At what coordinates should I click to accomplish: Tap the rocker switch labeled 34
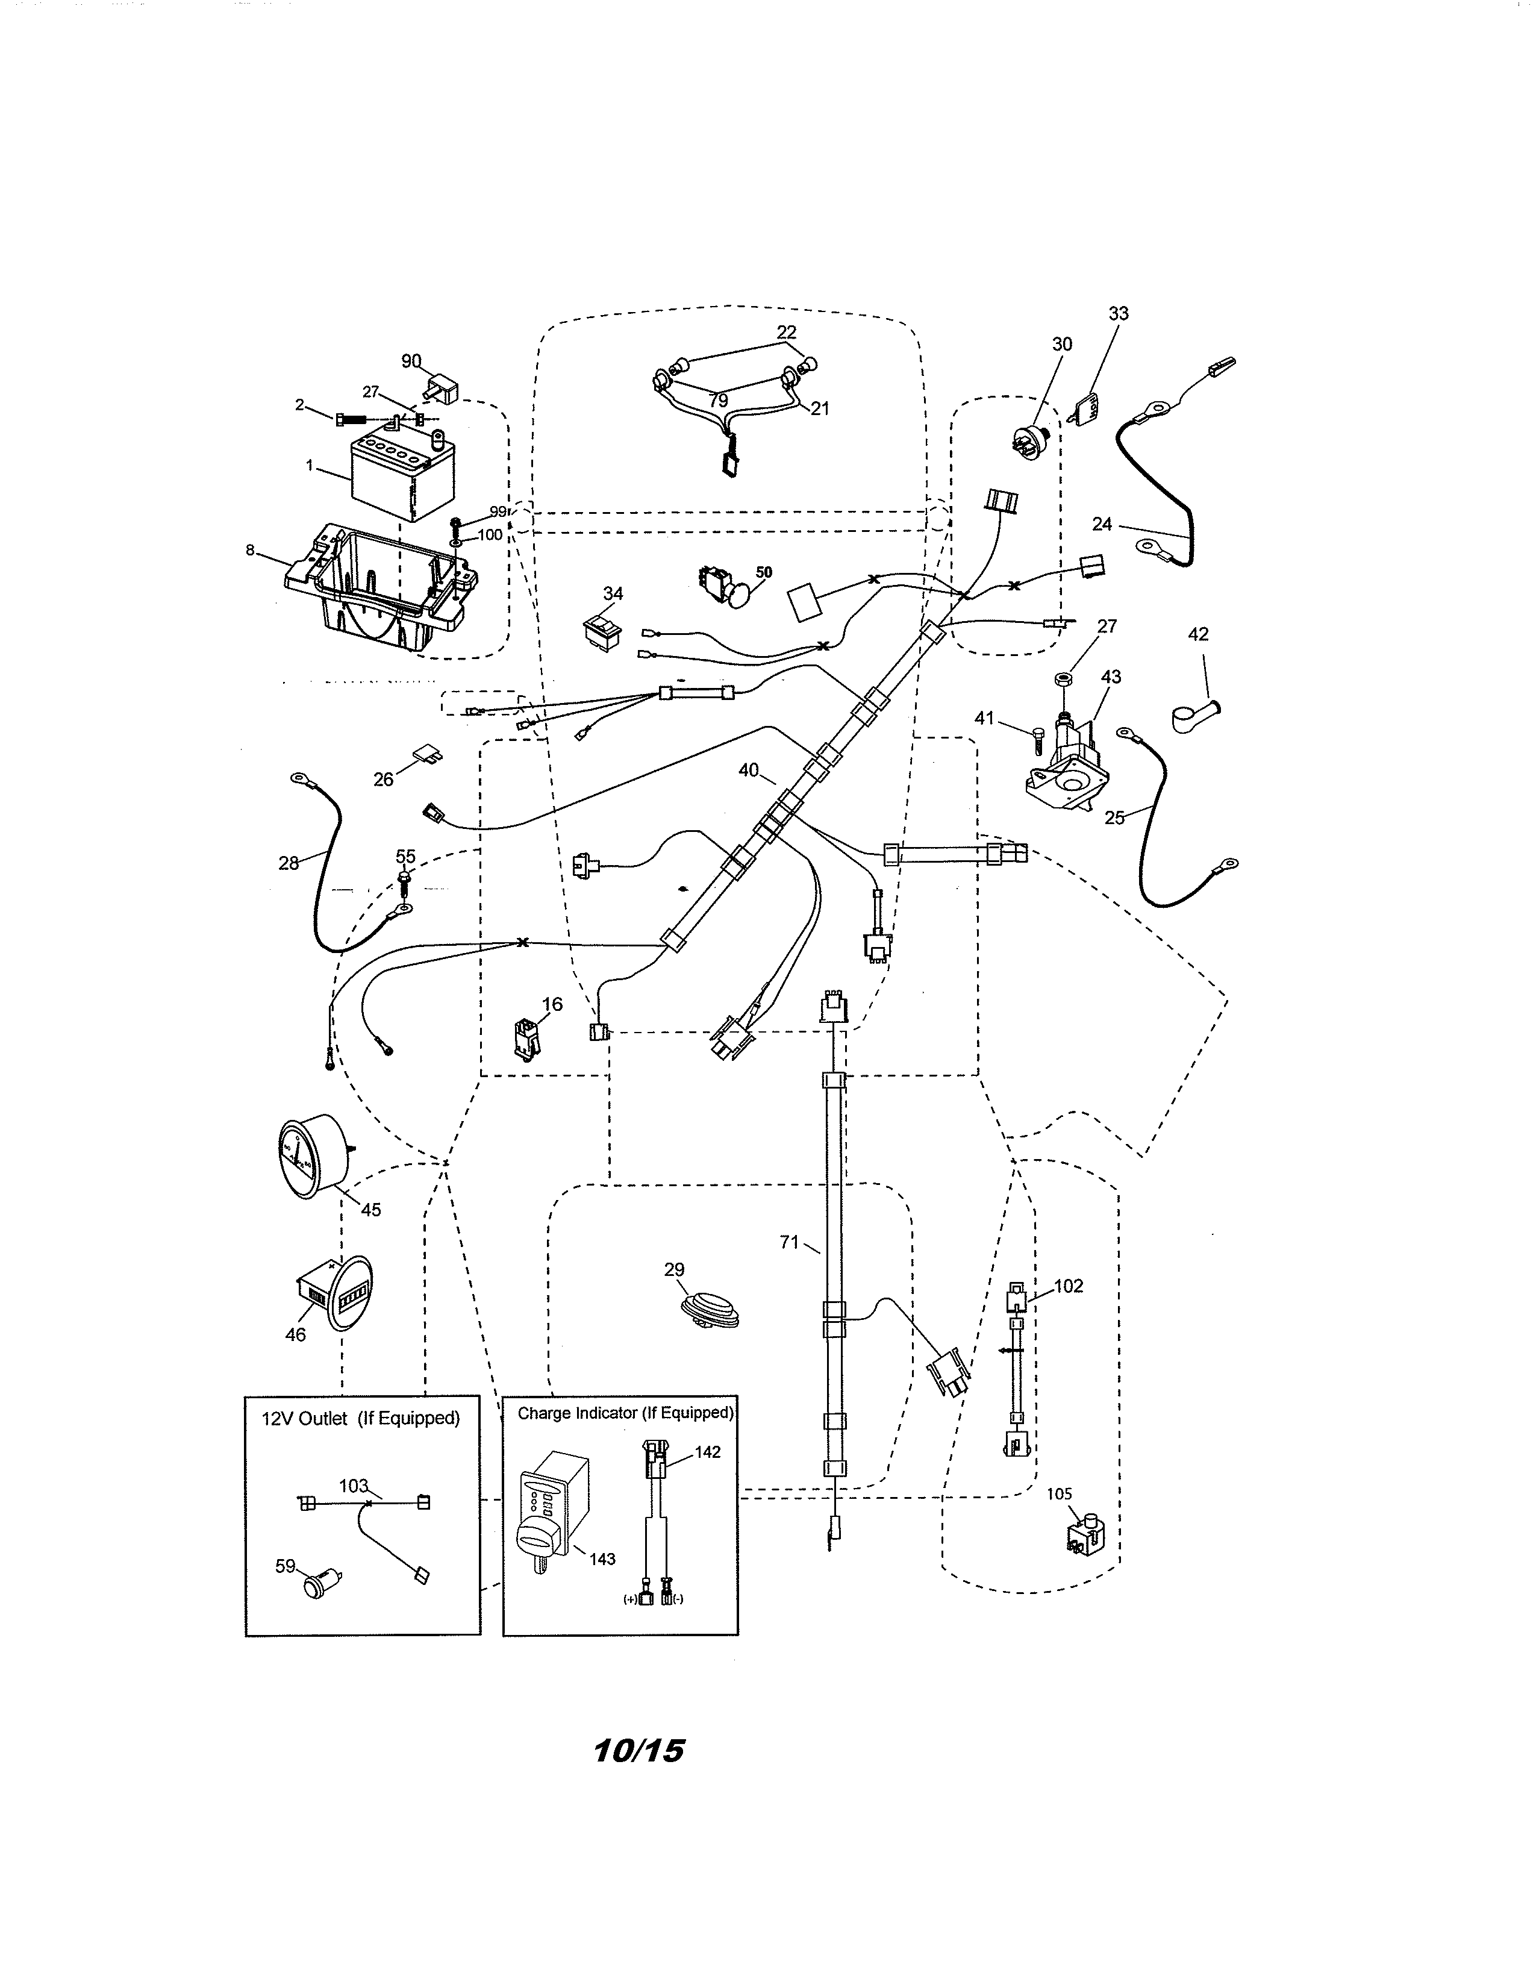tap(602, 631)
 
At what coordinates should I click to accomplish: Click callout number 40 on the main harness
tap(748, 770)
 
